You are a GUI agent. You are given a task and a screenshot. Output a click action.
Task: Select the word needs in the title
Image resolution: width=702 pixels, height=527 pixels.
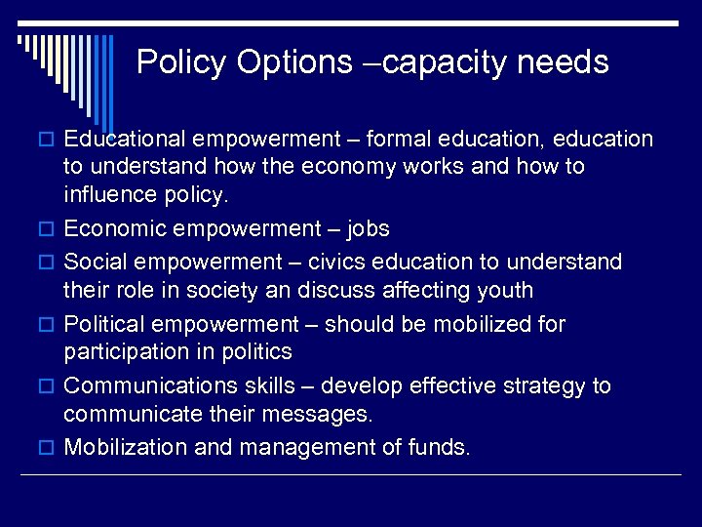point(563,62)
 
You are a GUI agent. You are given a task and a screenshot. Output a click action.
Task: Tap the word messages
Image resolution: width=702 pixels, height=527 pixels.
point(322,414)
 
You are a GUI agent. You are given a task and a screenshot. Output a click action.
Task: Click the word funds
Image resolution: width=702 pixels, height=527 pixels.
point(441,448)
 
